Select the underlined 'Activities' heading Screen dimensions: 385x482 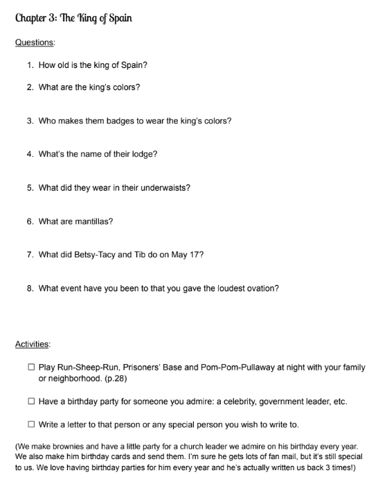pos(33,343)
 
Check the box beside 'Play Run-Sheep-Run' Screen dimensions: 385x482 pos(32,368)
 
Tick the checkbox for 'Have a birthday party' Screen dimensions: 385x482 pos(32,402)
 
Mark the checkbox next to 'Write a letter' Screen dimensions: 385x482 pos(32,424)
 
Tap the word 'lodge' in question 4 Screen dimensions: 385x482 pos(142,154)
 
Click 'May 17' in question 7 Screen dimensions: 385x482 pos(187,255)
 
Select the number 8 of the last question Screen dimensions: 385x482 pos(30,289)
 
